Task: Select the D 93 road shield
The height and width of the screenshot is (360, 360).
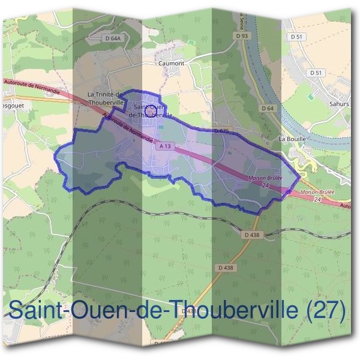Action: [242, 36]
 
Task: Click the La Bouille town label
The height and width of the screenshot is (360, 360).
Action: [293, 138]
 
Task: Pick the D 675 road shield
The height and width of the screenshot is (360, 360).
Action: [222, 130]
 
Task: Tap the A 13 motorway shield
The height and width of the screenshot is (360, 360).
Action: [167, 146]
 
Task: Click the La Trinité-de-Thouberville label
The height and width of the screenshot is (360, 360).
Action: [106, 98]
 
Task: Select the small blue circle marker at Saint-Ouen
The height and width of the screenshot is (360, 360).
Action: [151, 109]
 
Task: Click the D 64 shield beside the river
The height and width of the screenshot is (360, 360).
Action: [268, 108]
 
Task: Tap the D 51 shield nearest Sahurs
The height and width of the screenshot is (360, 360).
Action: [316, 73]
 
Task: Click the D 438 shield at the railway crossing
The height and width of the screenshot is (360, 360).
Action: [253, 235]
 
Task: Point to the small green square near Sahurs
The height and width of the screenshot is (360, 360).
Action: [310, 95]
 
